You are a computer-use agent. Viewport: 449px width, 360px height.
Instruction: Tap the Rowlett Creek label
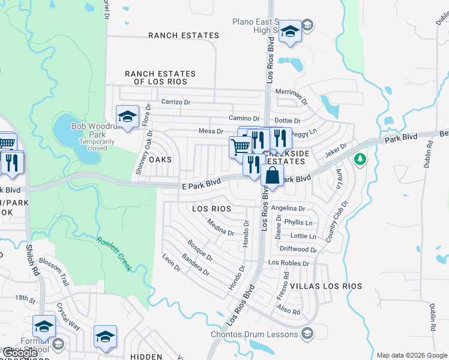113,254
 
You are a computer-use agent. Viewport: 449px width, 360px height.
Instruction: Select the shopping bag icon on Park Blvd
272,176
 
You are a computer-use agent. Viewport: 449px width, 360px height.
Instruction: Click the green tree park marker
360,160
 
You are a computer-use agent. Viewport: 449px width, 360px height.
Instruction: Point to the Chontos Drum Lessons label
254,334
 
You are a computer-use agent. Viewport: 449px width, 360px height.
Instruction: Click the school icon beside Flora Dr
127,116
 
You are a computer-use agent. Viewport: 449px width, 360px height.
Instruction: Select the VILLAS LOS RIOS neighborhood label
326,286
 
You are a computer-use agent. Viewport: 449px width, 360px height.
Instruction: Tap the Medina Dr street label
220,228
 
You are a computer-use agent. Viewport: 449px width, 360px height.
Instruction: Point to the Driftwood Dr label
298,249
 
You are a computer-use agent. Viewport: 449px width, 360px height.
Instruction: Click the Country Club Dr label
337,223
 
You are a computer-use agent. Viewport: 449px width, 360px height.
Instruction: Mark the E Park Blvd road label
201,187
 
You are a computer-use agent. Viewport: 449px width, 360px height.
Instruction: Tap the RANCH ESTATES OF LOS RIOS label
160,77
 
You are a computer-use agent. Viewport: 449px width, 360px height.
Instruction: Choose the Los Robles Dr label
289,263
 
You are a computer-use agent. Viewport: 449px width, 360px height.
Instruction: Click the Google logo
20,353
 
